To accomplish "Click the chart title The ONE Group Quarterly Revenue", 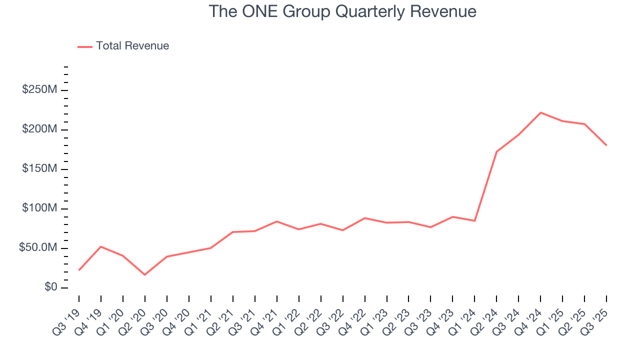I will click(342, 11).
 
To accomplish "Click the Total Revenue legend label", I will click(132, 46).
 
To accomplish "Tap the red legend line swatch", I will click(85, 46).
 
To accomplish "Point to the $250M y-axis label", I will click(39, 90).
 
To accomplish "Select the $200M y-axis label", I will click(39, 129).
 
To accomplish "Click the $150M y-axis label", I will click(39, 169).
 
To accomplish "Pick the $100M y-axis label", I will click(39, 208).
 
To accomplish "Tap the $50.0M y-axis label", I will click(38, 248).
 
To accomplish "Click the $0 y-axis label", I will click(50, 287).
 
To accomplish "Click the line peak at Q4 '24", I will click(540, 112).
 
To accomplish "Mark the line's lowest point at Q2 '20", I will click(145, 274).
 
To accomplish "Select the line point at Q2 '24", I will click(496, 151).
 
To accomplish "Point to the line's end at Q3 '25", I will click(606, 145).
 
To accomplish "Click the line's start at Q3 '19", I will click(79, 270).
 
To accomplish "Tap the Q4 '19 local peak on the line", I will click(101, 246).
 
